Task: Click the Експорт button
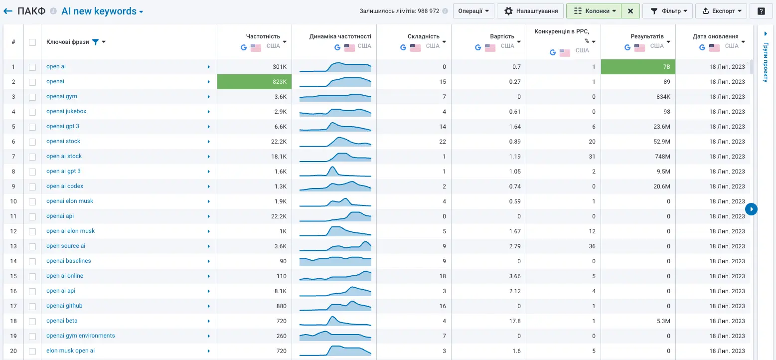tap(721, 11)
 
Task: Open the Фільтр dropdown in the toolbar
tap(667, 11)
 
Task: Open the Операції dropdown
tap(473, 11)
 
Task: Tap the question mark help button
tap(761, 11)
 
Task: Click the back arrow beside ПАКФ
tap(8, 11)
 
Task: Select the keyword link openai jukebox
tap(66, 111)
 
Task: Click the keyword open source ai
tap(66, 246)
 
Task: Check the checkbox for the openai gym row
tap(32, 97)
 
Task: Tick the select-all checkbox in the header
tap(32, 42)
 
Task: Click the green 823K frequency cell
tap(254, 82)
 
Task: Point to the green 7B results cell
tap(638, 67)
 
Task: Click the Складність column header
tap(424, 36)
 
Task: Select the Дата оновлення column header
tap(715, 36)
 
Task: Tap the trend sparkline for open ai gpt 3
tap(335, 172)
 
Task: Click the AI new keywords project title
tap(99, 11)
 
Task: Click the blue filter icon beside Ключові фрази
tap(95, 42)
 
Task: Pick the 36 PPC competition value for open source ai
tap(592, 246)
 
